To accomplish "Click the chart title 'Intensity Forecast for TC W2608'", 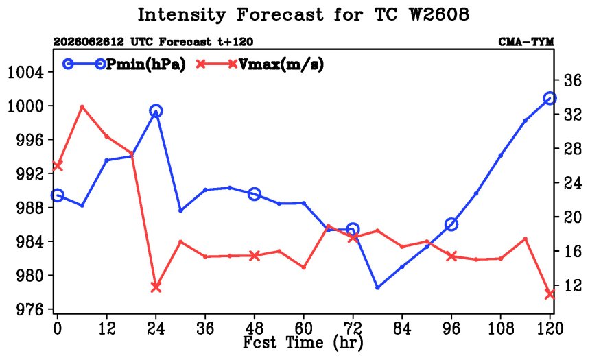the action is [303, 15].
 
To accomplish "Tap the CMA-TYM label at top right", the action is [526, 42].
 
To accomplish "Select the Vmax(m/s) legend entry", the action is [259, 64].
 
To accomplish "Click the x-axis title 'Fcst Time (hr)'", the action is [303, 343].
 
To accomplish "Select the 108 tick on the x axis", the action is [500, 328].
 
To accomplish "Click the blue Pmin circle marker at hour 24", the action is [156, 111].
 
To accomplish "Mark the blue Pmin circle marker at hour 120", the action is [550, 99].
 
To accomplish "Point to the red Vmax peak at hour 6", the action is [82, 107].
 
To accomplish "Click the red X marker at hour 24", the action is [156, 287].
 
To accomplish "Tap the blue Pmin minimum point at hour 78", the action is [377, 287].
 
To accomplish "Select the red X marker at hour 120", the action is [550, 294].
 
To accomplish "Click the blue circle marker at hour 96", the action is [451, 225].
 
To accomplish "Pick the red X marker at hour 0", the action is [57, 165].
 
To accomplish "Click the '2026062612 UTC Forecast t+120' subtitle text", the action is [153, 42].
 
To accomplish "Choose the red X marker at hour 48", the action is [255, 256].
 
